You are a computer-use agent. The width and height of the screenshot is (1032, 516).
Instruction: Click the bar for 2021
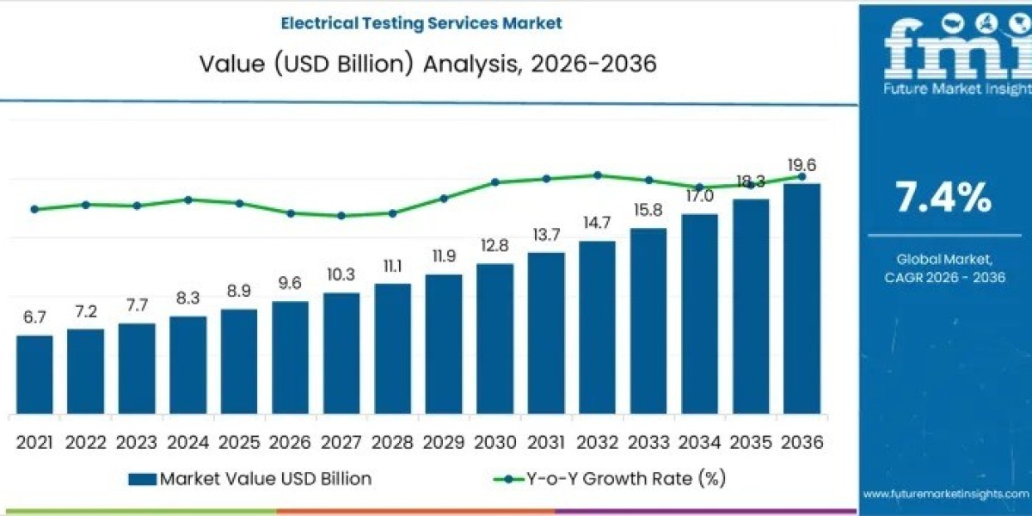point(34,374)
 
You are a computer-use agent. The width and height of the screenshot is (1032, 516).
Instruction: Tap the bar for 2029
point(444,344)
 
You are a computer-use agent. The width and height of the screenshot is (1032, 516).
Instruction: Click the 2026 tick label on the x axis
point(290,442)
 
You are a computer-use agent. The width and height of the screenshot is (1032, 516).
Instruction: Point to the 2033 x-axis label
point(648,442)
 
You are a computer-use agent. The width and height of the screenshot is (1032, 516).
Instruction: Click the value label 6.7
point(34,317)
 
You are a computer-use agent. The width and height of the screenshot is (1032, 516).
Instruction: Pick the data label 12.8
point(494,246)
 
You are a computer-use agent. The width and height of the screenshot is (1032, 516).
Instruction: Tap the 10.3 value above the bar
point(341,275)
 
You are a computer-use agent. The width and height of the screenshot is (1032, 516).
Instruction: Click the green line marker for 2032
point(597,175)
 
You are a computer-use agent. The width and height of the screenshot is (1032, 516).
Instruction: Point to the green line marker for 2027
point(341,216)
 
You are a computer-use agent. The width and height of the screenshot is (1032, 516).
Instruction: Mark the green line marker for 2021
point(34,209)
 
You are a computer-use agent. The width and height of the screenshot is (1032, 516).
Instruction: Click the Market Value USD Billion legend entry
point(250,478)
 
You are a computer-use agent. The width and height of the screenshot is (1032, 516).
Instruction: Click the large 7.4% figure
point(943,199)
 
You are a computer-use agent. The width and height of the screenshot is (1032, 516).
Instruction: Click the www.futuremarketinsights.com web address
point(945,494)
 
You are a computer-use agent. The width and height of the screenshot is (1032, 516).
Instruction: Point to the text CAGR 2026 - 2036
point(945,277)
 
